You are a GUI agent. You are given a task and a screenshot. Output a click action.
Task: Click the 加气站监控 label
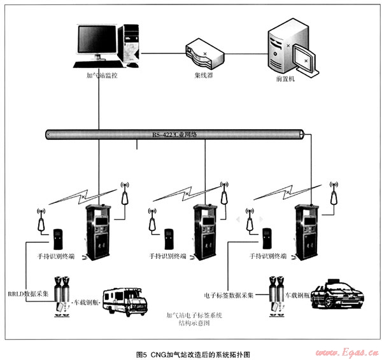[x=100, y=75]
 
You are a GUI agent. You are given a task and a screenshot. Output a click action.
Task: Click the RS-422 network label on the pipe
[x=175, y=135]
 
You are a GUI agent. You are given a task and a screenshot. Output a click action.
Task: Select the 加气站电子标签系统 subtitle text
[x=194, y=315]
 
